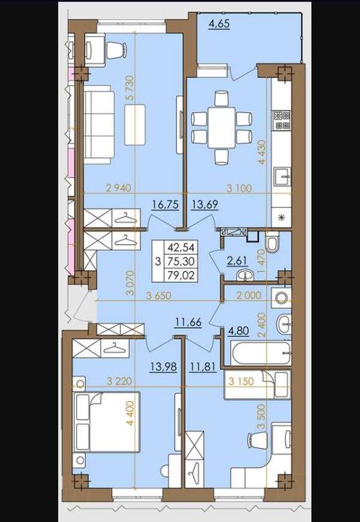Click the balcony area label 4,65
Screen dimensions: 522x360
click(x=219, y=25)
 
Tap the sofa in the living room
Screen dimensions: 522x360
click(x=98, y=124)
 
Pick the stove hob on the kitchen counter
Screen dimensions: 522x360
click(x=282, y=117)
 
